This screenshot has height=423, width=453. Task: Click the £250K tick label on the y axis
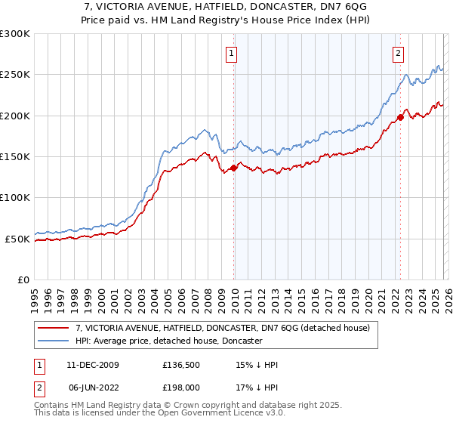coord(15,75)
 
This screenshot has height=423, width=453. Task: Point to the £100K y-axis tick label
coord(15,198)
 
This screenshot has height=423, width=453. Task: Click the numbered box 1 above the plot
coord(231,53)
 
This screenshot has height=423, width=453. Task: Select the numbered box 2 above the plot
coord(398,53)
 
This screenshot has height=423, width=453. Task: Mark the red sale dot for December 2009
coord(234,168)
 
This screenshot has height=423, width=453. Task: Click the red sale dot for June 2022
coord(400,117)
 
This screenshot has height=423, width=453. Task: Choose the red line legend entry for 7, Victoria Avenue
coord(222,329)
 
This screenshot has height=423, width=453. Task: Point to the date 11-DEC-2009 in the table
coord(93,365)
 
